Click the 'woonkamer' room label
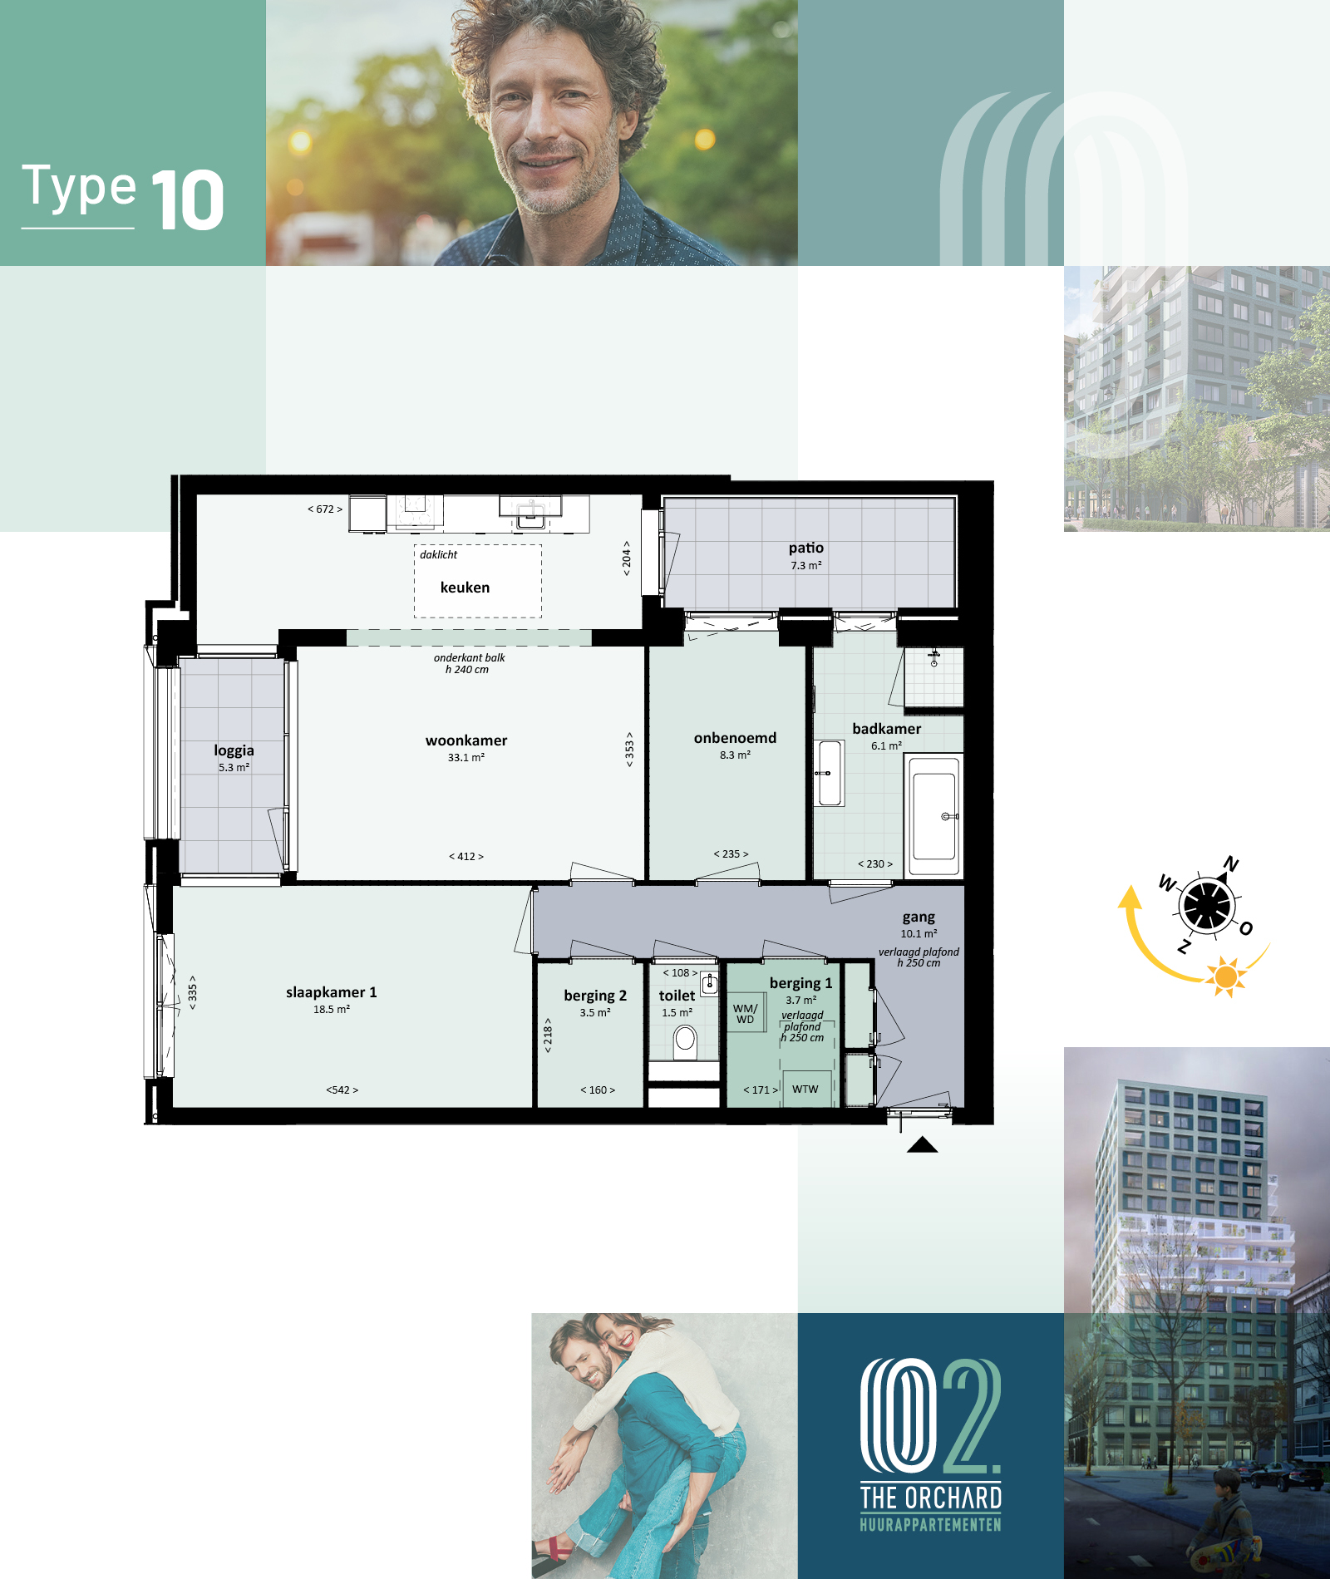pos(466,740)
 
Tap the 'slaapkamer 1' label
pos(332,992)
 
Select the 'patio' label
pos(806,548)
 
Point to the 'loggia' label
pos(234,750)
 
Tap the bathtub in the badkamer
pos(934,815)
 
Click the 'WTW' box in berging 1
pos(805,1089)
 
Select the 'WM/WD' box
pos(746,1013)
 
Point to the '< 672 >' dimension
pos(325,509)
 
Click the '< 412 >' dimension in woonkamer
pos(466,857)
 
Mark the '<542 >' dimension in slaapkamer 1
pos(342,1090)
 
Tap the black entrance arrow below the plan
pos(923,1145)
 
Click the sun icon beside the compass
pos(1226,976)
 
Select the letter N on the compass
pos(1231,864)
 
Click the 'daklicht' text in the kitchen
pos(438,555)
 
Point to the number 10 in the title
pos(188,199)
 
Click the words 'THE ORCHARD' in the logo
pos(931,1498)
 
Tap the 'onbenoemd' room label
pos(736,738)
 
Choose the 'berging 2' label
pos(595,996)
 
